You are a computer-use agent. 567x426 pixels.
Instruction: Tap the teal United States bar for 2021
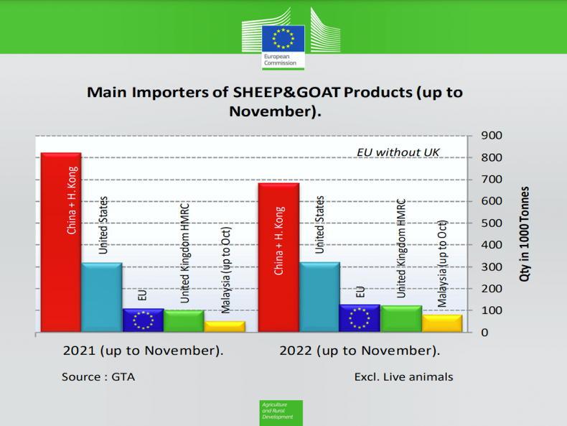coord(102,297)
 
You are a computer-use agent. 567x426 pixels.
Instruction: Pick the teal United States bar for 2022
coord(319,296)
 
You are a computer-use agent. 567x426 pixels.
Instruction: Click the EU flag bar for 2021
coord(143,320)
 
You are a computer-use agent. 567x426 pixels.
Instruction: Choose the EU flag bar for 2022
coord(360,318)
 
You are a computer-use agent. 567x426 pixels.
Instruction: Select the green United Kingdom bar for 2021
coord(184,321)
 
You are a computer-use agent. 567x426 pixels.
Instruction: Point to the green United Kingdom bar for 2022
coord(401,319)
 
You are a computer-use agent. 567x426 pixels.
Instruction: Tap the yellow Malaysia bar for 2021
coord(225,326)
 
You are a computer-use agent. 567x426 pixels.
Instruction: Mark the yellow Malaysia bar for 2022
coord(442,323)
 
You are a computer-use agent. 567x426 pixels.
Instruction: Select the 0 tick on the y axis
coord(486,333)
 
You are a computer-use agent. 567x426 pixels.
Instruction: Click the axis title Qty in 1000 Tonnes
coord(525,233)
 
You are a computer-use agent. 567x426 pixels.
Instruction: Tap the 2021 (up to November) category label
coord(143,351)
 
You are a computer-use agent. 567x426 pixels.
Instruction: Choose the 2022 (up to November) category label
coord(359,351)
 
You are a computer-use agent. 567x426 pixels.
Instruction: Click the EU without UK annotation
coord(398,152)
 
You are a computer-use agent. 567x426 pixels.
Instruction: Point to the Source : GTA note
coord(98,376)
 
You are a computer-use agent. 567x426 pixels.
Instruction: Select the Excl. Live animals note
coord(403,376)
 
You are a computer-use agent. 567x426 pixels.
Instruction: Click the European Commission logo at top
coord(283,40)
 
